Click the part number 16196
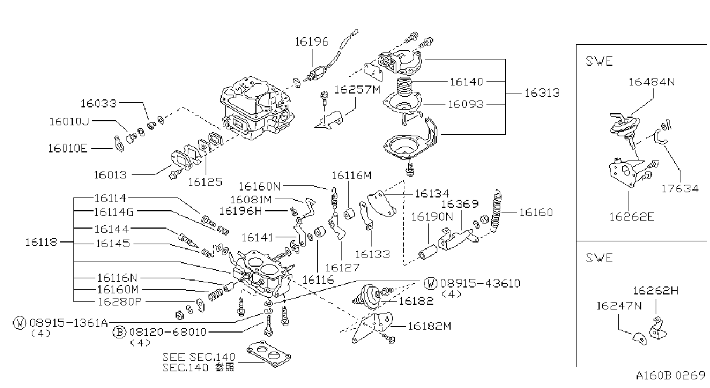[311, 42]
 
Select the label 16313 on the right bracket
[542, 93]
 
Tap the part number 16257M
[357, 89]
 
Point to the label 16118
[41, 242]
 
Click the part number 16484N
[652, 82]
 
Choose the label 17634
[680, 189]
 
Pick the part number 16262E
[631, 217]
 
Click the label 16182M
[429, 326]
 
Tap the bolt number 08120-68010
[168, 332]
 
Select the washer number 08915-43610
[480, 283]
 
